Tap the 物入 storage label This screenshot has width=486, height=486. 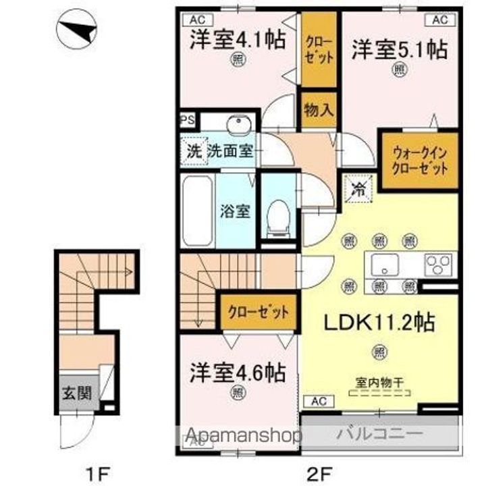tap(318, 110)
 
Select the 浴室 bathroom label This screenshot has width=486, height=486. tap(235, 210)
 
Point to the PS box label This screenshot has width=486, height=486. tap(187, 120)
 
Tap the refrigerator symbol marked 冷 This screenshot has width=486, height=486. tap(358, 188)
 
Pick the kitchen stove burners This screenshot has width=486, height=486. tap(440, 263)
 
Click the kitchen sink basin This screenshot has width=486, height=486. tap(382, 264)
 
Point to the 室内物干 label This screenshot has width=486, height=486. tap(379, 382)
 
